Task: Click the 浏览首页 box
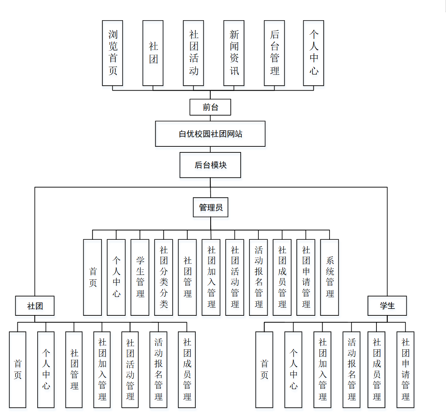tap(112, 53)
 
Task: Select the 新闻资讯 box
tap(234, 53)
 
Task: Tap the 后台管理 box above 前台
tap(274, 53)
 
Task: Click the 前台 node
tap(210, 107)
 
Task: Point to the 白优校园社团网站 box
tap(210, 134)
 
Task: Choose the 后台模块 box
tap(210, 165)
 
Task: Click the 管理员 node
tap(210, 207)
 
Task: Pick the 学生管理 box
tap(140, 277)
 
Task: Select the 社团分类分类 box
tap(163, 277)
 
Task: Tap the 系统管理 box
tap(330, 277)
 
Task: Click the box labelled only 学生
tap(387, 306)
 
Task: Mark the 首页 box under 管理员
tap(93, 277)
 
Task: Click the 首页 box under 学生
tap(264, 370)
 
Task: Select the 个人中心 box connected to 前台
tap(313, 53)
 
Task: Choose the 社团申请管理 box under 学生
tap(405, 370)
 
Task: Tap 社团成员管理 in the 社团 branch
tap(187, 370)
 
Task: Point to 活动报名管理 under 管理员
tap(258, 277)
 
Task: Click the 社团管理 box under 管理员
tap(187, 277)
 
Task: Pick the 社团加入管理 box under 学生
tap(322, 370)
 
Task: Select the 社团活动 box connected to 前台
tap(193, 53)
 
